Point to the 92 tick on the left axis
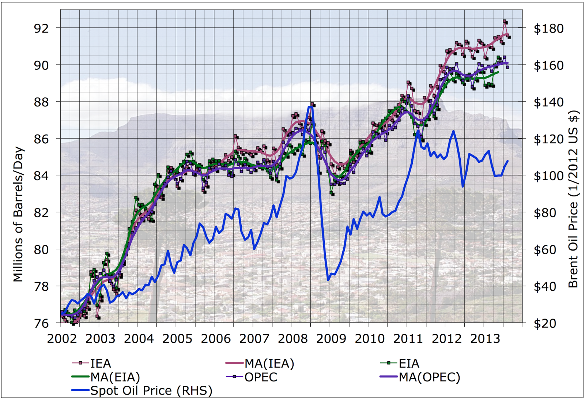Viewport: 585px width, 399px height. pyautogui.click(x=41, y=28)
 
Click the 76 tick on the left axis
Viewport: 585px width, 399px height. pyautogui.click(x=41, y=323)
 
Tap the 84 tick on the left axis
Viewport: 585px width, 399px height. pyautogui.click(x=41, y=176)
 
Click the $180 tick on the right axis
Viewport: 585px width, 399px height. pyautogui.click(x=548, y=29)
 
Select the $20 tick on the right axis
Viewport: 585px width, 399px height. pyautogui.click(x=545, y=323)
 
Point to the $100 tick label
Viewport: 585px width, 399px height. pyautogui.click(x=548, y=176)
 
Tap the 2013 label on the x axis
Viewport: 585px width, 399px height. pyautogui.click(x=485, y=339)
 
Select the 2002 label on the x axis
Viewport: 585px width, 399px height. pyautogui.click(x=62, y=339)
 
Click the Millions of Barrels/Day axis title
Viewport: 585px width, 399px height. pyautogui.click(x=18, y=214)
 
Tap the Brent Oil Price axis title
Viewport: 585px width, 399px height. pyautogui.click(x=573, y=199)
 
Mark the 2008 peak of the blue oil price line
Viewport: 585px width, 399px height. pyautogui.click(x=310, y=106)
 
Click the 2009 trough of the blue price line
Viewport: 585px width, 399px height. pyautogui.click(x=328, y=280)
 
